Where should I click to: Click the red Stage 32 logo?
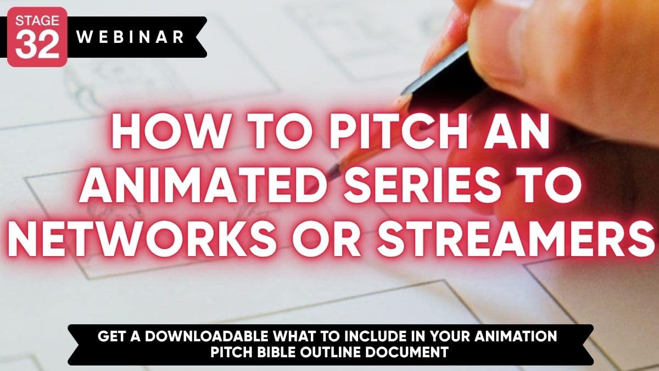point(37,37)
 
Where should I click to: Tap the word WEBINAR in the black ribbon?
point(130,37)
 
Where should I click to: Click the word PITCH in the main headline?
point(398,131)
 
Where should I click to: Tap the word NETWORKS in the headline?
point(142,238)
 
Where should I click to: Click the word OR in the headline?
point(327,238)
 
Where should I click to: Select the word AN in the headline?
point(517,131)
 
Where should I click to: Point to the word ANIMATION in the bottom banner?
point(516,336)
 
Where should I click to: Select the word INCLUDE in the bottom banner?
point(377,336)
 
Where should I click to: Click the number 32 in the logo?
point(37,45)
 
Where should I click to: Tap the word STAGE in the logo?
point(37,21)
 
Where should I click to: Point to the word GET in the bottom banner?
point(112,336)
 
